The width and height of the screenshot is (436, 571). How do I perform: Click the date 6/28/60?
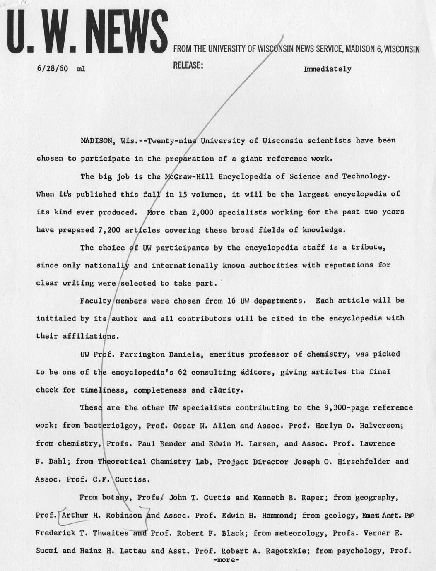coord(52,68)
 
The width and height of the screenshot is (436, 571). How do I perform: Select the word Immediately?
coord(327,69)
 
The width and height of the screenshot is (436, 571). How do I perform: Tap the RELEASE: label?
coord(188,65)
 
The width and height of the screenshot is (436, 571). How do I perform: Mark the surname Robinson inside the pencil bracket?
coord(124,516)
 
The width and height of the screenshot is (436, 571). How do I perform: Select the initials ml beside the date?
coord(81,69)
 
